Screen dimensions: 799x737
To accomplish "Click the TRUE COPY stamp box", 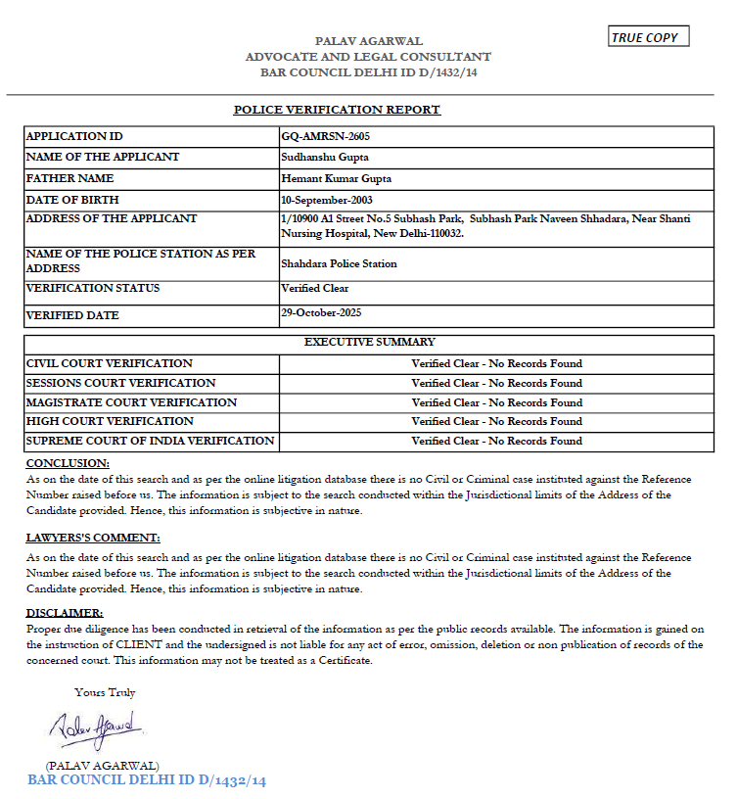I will point(649,37).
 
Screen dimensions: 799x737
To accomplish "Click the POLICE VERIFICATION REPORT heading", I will point(337,110).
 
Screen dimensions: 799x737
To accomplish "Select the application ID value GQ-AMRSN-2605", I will point(325,136).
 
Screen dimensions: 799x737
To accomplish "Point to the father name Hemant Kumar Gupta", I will point(336,178).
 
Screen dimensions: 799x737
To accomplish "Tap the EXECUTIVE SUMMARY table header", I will point(369,342).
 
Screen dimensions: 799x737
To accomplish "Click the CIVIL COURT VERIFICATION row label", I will point(110,363).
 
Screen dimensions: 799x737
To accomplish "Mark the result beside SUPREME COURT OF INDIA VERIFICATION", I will point(496,441).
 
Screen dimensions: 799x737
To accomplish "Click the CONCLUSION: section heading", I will point(68,463).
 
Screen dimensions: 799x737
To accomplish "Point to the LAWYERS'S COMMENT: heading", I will point(93,539).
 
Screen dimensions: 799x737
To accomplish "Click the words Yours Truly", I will point(105,692).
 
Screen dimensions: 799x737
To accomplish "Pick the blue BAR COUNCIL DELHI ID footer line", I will point(147,780).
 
